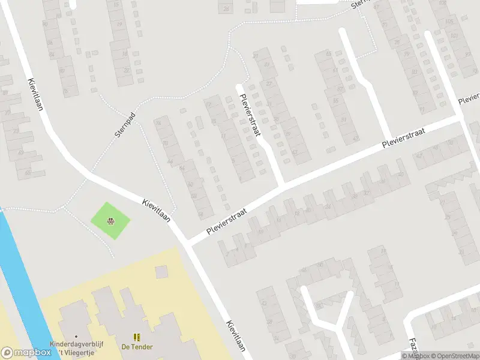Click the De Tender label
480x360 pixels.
tap(137, 347)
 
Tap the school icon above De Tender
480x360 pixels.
tap(137, 337)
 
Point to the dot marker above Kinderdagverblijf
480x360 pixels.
tap(76, 337)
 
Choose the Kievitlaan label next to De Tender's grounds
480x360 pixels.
tap(236, 335)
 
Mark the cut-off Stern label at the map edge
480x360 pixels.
tap(359, 4)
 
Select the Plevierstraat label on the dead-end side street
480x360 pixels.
tap(250, 114)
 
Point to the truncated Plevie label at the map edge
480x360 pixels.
tap(469, 98)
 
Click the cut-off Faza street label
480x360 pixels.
tap(413, 347)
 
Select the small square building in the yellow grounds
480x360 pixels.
tap(161, 272)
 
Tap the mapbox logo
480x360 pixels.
tap(25, 352)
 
